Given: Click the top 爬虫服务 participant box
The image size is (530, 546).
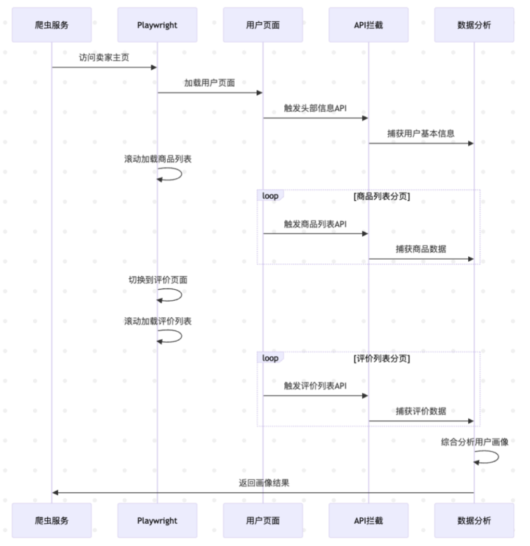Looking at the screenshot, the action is click(x=52, y=25).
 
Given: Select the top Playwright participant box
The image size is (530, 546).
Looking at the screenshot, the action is click(x=158, y=25).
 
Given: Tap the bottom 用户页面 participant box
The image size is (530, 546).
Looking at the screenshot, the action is click(x=263, y=520).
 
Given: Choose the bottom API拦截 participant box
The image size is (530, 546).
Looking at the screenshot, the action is click(x=368, y=520).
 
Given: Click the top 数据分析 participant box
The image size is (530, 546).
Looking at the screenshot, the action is click(x=474, y=25).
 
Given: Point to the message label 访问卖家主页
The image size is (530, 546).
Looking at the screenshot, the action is click(x=104, y=57).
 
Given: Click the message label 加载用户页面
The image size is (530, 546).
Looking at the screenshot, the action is click(x=210, y=83).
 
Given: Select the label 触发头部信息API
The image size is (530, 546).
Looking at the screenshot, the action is click(x=315, y=108).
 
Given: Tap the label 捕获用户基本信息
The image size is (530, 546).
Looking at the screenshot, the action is click(x=421, y=134).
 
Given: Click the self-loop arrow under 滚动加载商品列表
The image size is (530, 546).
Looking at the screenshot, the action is click(x=181, y=174).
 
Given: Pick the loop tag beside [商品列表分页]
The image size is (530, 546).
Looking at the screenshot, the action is click(x=270, y=196).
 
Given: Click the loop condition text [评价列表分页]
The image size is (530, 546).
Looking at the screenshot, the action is click(x=382, y=358).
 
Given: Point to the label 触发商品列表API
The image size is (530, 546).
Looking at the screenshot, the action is click(x=315, y=224).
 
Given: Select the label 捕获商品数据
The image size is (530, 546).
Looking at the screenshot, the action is click(x=421, y=249).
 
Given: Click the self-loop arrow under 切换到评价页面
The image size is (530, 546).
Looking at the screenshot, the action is click(x=181, y=295).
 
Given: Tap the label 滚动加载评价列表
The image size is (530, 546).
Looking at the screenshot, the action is click(x=158, y=321).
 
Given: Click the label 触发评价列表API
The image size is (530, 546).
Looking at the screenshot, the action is click(x=315, y=386).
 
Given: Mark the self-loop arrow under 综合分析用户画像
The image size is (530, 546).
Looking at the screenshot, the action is click(x=498, y=457).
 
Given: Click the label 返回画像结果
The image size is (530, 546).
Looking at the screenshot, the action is click(x=264, y=483).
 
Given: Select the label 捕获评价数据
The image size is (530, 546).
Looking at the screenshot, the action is click(x=421, y=411).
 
